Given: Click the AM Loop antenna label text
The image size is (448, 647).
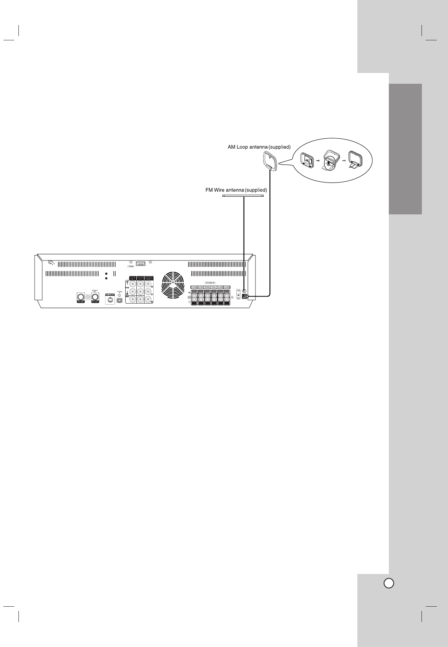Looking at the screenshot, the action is point(259,147).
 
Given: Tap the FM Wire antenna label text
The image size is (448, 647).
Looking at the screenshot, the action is point(236,190).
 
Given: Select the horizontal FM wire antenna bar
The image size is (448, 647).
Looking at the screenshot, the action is point(243,196).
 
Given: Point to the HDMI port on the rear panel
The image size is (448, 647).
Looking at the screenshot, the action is point(140,264).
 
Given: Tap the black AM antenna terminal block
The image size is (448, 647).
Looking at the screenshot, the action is point(245,297).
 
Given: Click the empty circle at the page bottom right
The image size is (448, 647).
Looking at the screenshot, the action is point(388,583).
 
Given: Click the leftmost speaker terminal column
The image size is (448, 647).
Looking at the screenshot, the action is point(194,297).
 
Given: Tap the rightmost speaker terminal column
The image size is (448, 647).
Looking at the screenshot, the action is point(227,297).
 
